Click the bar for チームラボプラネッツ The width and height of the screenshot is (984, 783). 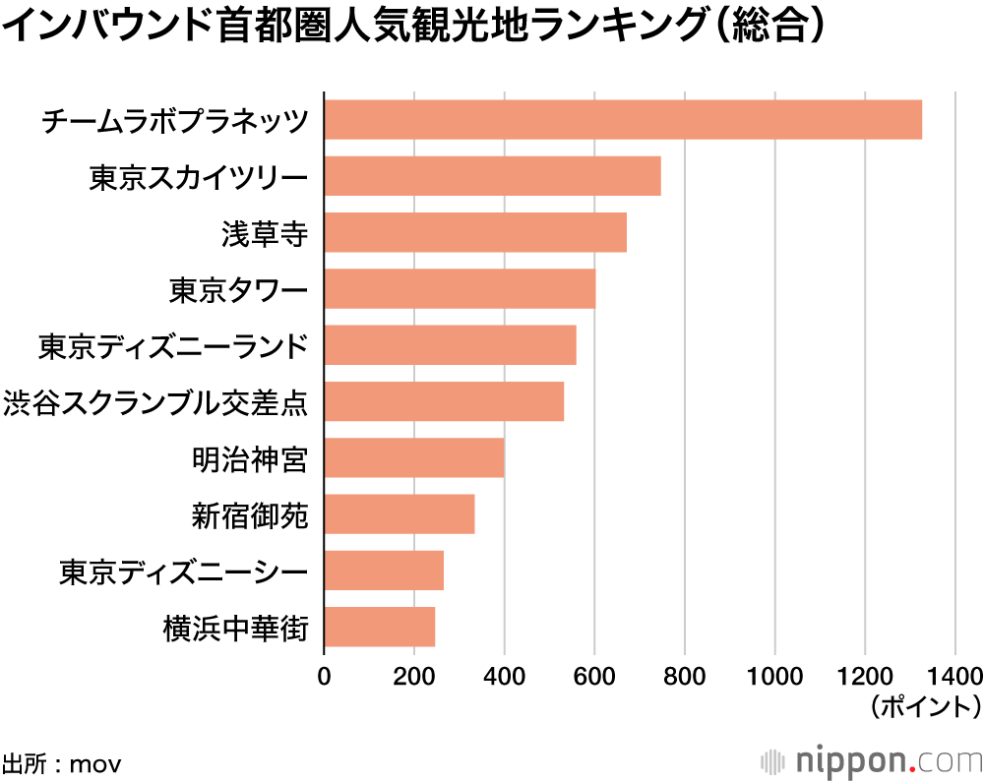click(x=622, y=120)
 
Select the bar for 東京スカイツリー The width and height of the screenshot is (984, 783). click(x=492, y=176)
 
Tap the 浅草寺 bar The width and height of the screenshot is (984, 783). click(x=475, y=232)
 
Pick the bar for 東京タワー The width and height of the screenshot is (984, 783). click(x=460, y=289)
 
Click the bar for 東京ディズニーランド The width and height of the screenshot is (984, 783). click(x=450, y=345)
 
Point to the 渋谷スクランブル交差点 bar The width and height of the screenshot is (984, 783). click(x=444, y=401)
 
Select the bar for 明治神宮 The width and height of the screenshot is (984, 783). click(x=414, y=457)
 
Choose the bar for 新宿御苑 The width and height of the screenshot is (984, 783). click(x=400, y=513)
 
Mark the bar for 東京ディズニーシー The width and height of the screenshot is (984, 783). click(x=384, y=571)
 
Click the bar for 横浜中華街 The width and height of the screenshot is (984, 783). click(x=380, y=627)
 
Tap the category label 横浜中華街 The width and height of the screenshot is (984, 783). click(x=236, y=628)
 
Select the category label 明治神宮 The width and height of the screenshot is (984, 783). click(x=250, y=458)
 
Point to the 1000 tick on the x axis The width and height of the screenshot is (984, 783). click(x=774, y=677)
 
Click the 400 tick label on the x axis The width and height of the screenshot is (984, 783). click(x=504, y=677)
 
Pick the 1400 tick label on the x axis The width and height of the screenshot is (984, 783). click(x=954, y=677)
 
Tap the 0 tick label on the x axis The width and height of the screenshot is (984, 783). click(x=324, y=677)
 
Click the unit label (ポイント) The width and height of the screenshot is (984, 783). click(x=924, y=706)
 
